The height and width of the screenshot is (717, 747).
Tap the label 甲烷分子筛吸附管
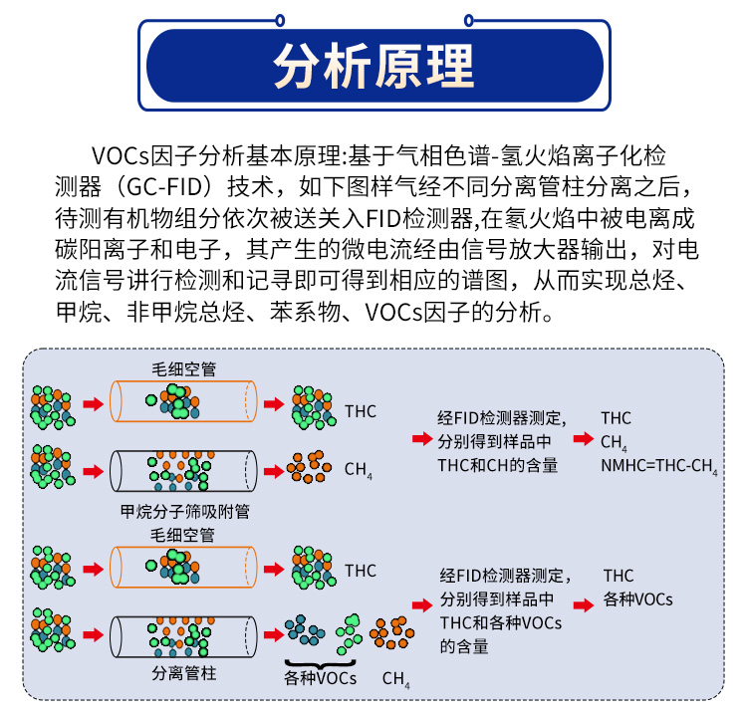point(184,513)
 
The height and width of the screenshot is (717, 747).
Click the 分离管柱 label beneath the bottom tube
point(184,674)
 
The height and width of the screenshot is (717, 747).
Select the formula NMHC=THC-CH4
point(658,465)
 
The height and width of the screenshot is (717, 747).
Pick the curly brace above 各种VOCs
point(321,662)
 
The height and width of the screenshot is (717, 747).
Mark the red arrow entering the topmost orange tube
point(93,404)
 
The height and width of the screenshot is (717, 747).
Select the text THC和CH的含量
point(497,465)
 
